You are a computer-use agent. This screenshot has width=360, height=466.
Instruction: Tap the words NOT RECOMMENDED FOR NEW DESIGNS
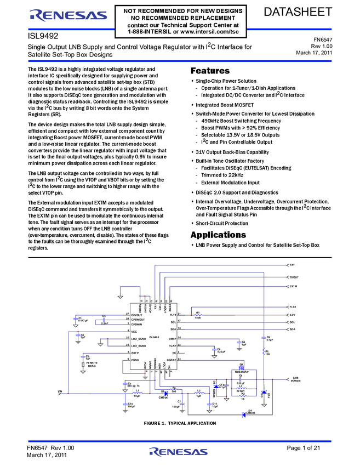point(180,10)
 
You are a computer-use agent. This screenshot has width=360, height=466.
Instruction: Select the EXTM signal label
point(293,286)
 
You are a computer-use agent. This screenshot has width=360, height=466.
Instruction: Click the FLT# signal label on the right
point(293,307)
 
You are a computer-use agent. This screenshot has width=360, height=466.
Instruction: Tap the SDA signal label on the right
point(292,329)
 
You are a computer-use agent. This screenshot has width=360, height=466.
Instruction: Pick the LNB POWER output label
point(295,380)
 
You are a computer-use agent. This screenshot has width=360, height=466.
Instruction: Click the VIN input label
point(60,392)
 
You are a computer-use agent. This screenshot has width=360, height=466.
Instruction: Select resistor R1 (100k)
point(198,315)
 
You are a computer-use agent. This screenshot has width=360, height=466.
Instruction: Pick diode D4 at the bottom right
point(244,414)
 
